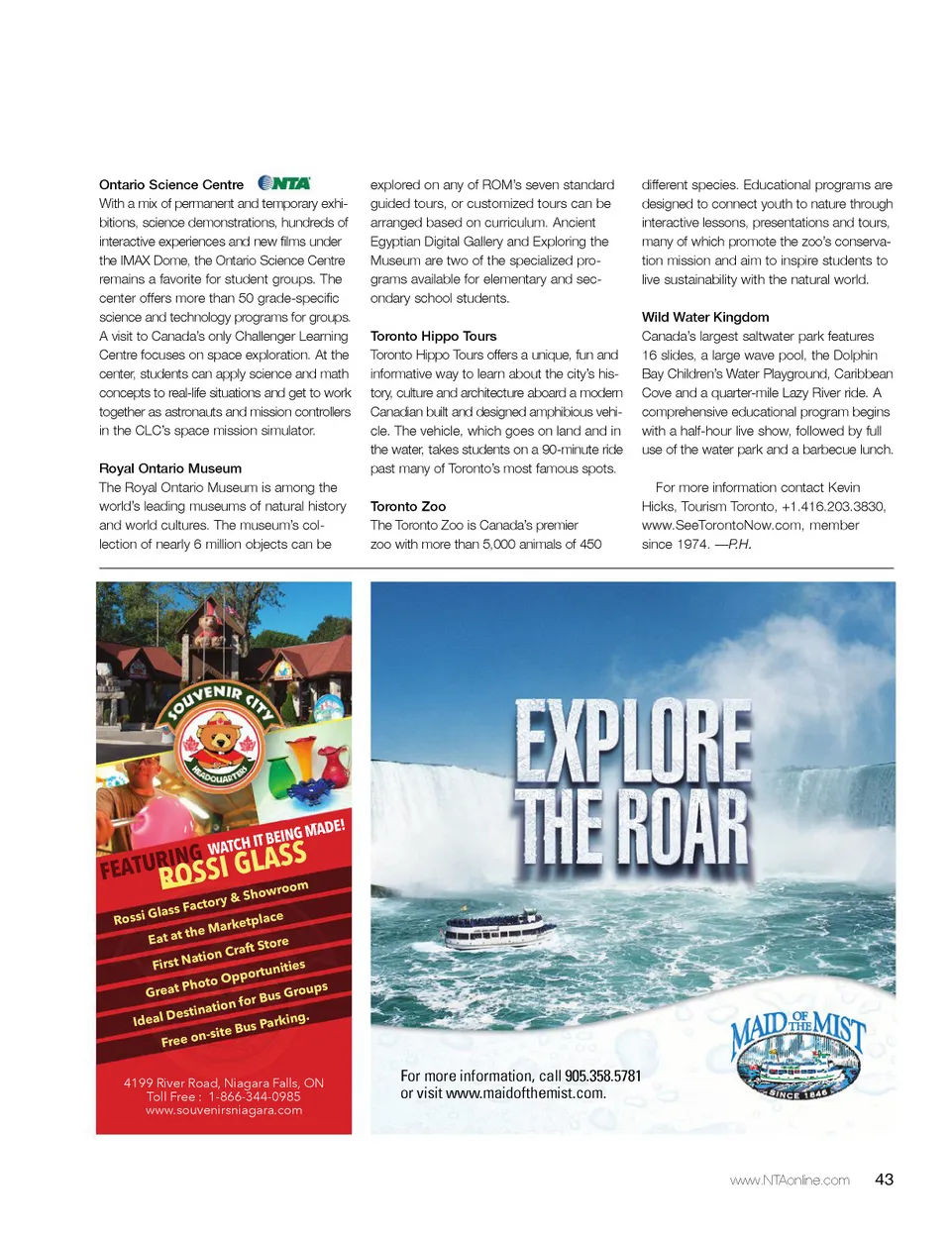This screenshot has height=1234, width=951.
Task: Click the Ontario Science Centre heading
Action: click(171, 185)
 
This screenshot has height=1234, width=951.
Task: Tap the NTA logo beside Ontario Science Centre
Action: click(284, 183)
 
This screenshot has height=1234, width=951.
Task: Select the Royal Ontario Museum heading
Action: click(170, 468)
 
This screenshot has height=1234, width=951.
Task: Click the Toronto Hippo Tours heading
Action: click(433, 337)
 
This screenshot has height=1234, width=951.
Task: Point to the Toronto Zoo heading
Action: click(408, 506)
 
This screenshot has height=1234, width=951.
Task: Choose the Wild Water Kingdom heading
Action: click(705, 317)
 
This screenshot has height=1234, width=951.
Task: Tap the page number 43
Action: click(884, 1180)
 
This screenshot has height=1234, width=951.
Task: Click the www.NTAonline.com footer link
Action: click(790, 1181)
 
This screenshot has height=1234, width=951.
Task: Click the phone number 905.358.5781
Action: click(603, 1077)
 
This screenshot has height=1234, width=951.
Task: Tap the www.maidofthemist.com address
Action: click(526, 1094)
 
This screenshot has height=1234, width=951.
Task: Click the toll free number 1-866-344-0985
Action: click(254, 1097)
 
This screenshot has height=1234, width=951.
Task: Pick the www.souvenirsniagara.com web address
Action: click(224, 1111)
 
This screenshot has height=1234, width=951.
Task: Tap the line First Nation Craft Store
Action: click(221, 954)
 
